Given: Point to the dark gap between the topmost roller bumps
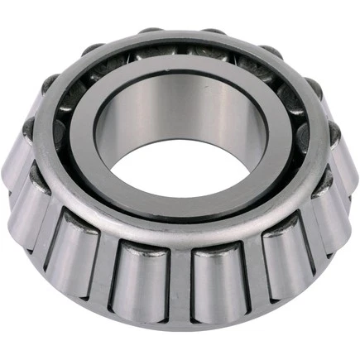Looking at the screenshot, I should pyautogui.click(x=182, y=33).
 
